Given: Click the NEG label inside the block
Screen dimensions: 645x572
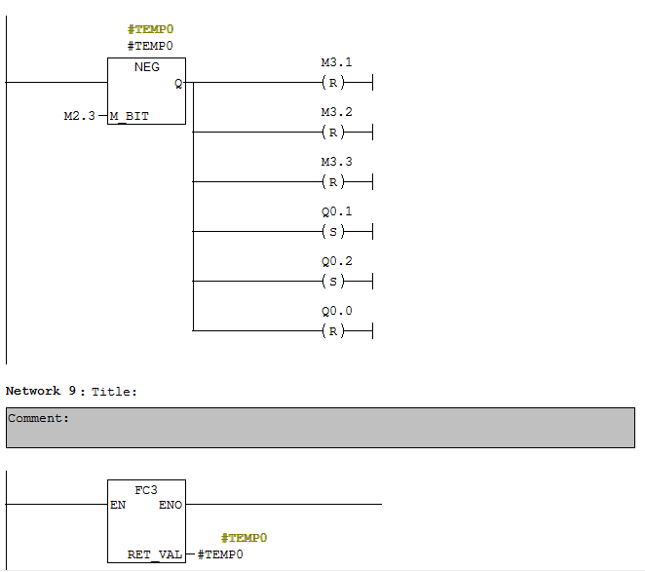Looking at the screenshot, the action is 147,67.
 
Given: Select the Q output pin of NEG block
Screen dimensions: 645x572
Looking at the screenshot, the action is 178,84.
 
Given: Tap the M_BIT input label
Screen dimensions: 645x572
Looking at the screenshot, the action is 130,117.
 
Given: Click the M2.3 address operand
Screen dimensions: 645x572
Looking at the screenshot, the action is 79,116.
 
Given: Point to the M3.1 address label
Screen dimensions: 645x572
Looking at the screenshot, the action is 336,62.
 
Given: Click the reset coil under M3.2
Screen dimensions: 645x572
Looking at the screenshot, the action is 333,133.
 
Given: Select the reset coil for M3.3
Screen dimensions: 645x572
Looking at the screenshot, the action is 333,182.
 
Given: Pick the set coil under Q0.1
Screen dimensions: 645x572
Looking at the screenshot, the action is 333,232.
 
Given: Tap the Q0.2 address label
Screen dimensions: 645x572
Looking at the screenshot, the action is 336,261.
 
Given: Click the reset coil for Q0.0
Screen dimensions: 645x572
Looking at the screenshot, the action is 333,331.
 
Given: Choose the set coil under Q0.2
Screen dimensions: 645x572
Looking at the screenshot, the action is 333,282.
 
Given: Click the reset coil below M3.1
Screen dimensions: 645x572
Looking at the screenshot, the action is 333,83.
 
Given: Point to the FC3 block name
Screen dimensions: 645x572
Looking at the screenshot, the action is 146,490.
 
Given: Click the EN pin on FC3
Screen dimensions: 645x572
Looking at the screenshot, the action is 118,505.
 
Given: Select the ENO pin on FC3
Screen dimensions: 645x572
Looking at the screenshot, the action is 171,505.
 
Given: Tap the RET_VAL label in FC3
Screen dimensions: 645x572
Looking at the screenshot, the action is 155,554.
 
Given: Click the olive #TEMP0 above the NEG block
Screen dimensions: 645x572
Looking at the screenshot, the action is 151,29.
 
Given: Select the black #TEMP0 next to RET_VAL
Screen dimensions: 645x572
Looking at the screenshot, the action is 220,554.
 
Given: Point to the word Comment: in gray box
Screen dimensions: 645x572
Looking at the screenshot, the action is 38,418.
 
